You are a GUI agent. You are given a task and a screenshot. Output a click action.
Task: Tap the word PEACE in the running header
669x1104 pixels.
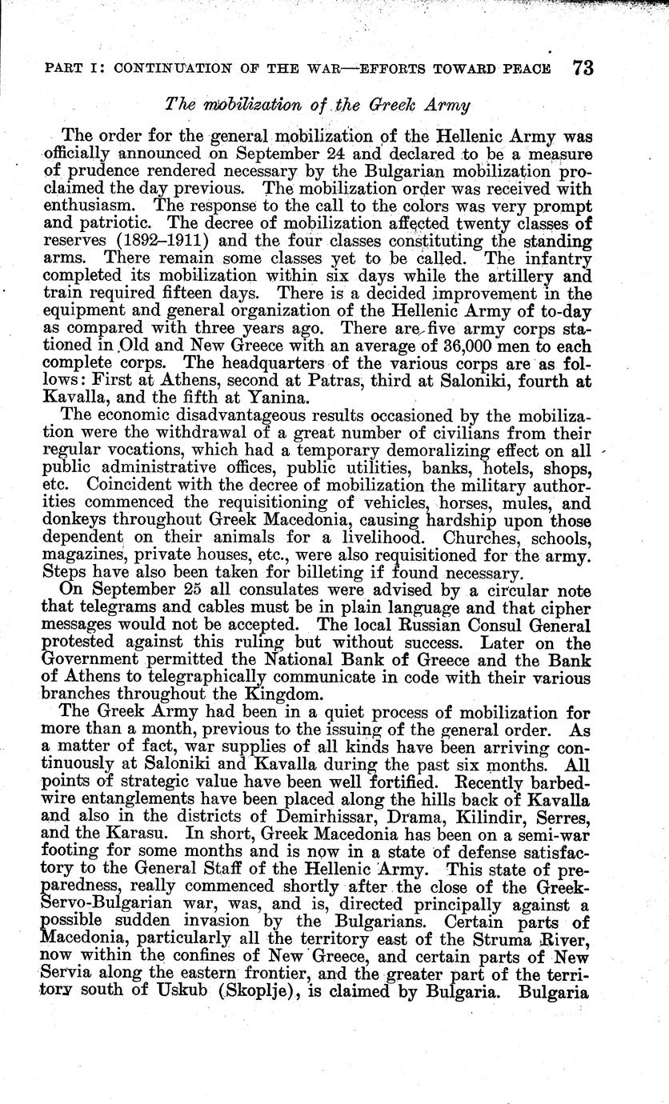coord(523,68)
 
